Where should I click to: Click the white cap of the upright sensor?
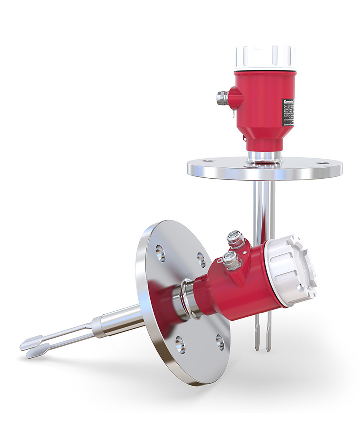pos(265,57)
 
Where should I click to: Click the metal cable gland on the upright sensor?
pos(221,97)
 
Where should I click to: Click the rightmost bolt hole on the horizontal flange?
pos(323,163)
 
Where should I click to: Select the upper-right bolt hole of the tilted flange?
pos(201,259)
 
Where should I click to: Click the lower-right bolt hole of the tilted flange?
pos(220,342)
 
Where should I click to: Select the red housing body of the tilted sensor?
pos(240,290)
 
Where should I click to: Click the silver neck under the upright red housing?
pos(264,156)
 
